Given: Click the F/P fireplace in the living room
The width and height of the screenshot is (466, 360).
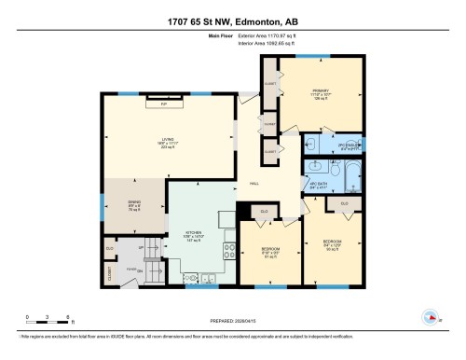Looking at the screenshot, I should click(164, 104).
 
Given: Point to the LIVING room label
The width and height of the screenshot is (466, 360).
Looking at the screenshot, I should click(167, 142).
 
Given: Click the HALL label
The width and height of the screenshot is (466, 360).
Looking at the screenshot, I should click(253, 184).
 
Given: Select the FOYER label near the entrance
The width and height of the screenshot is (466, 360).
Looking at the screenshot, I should click(132, 269).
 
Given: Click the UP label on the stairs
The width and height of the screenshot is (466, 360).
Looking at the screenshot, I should click(140, 248).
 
